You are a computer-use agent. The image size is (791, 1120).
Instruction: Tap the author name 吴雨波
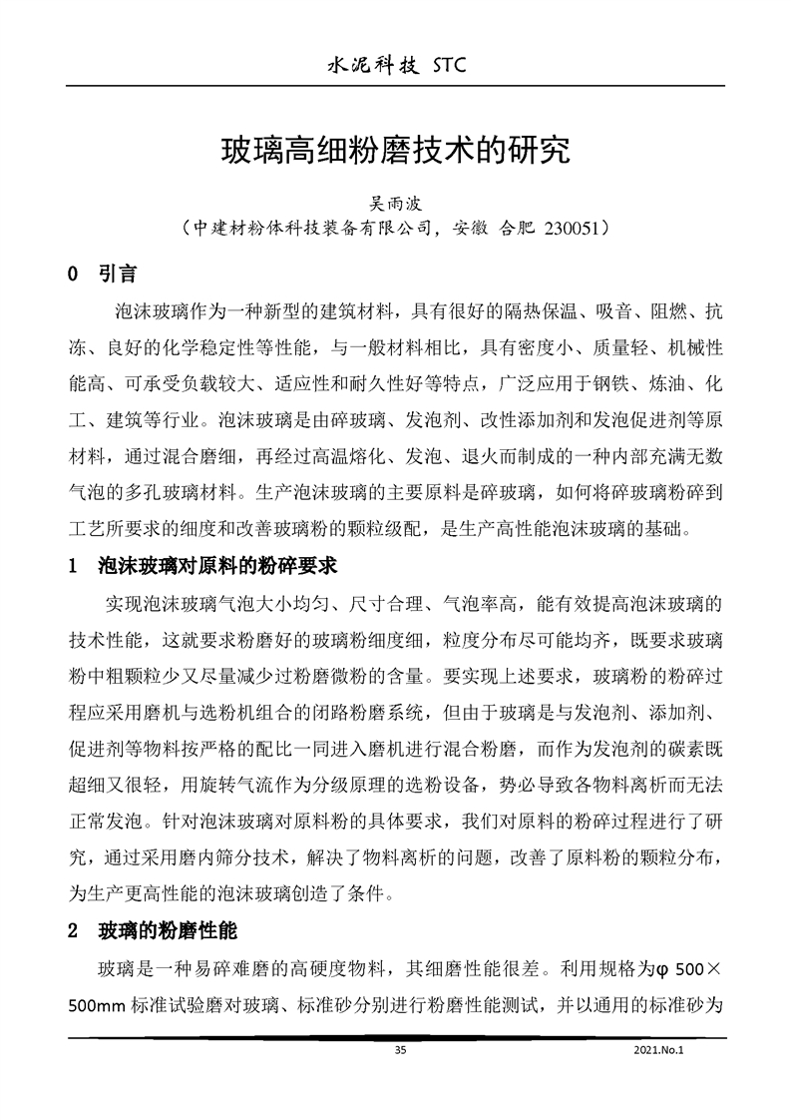[397, 202]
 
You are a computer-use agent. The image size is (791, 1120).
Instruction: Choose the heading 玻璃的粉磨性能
[167, 932]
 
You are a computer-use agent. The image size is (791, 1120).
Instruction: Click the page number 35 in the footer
[400, 1050]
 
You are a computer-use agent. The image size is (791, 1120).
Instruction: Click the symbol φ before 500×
[659, 968]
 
